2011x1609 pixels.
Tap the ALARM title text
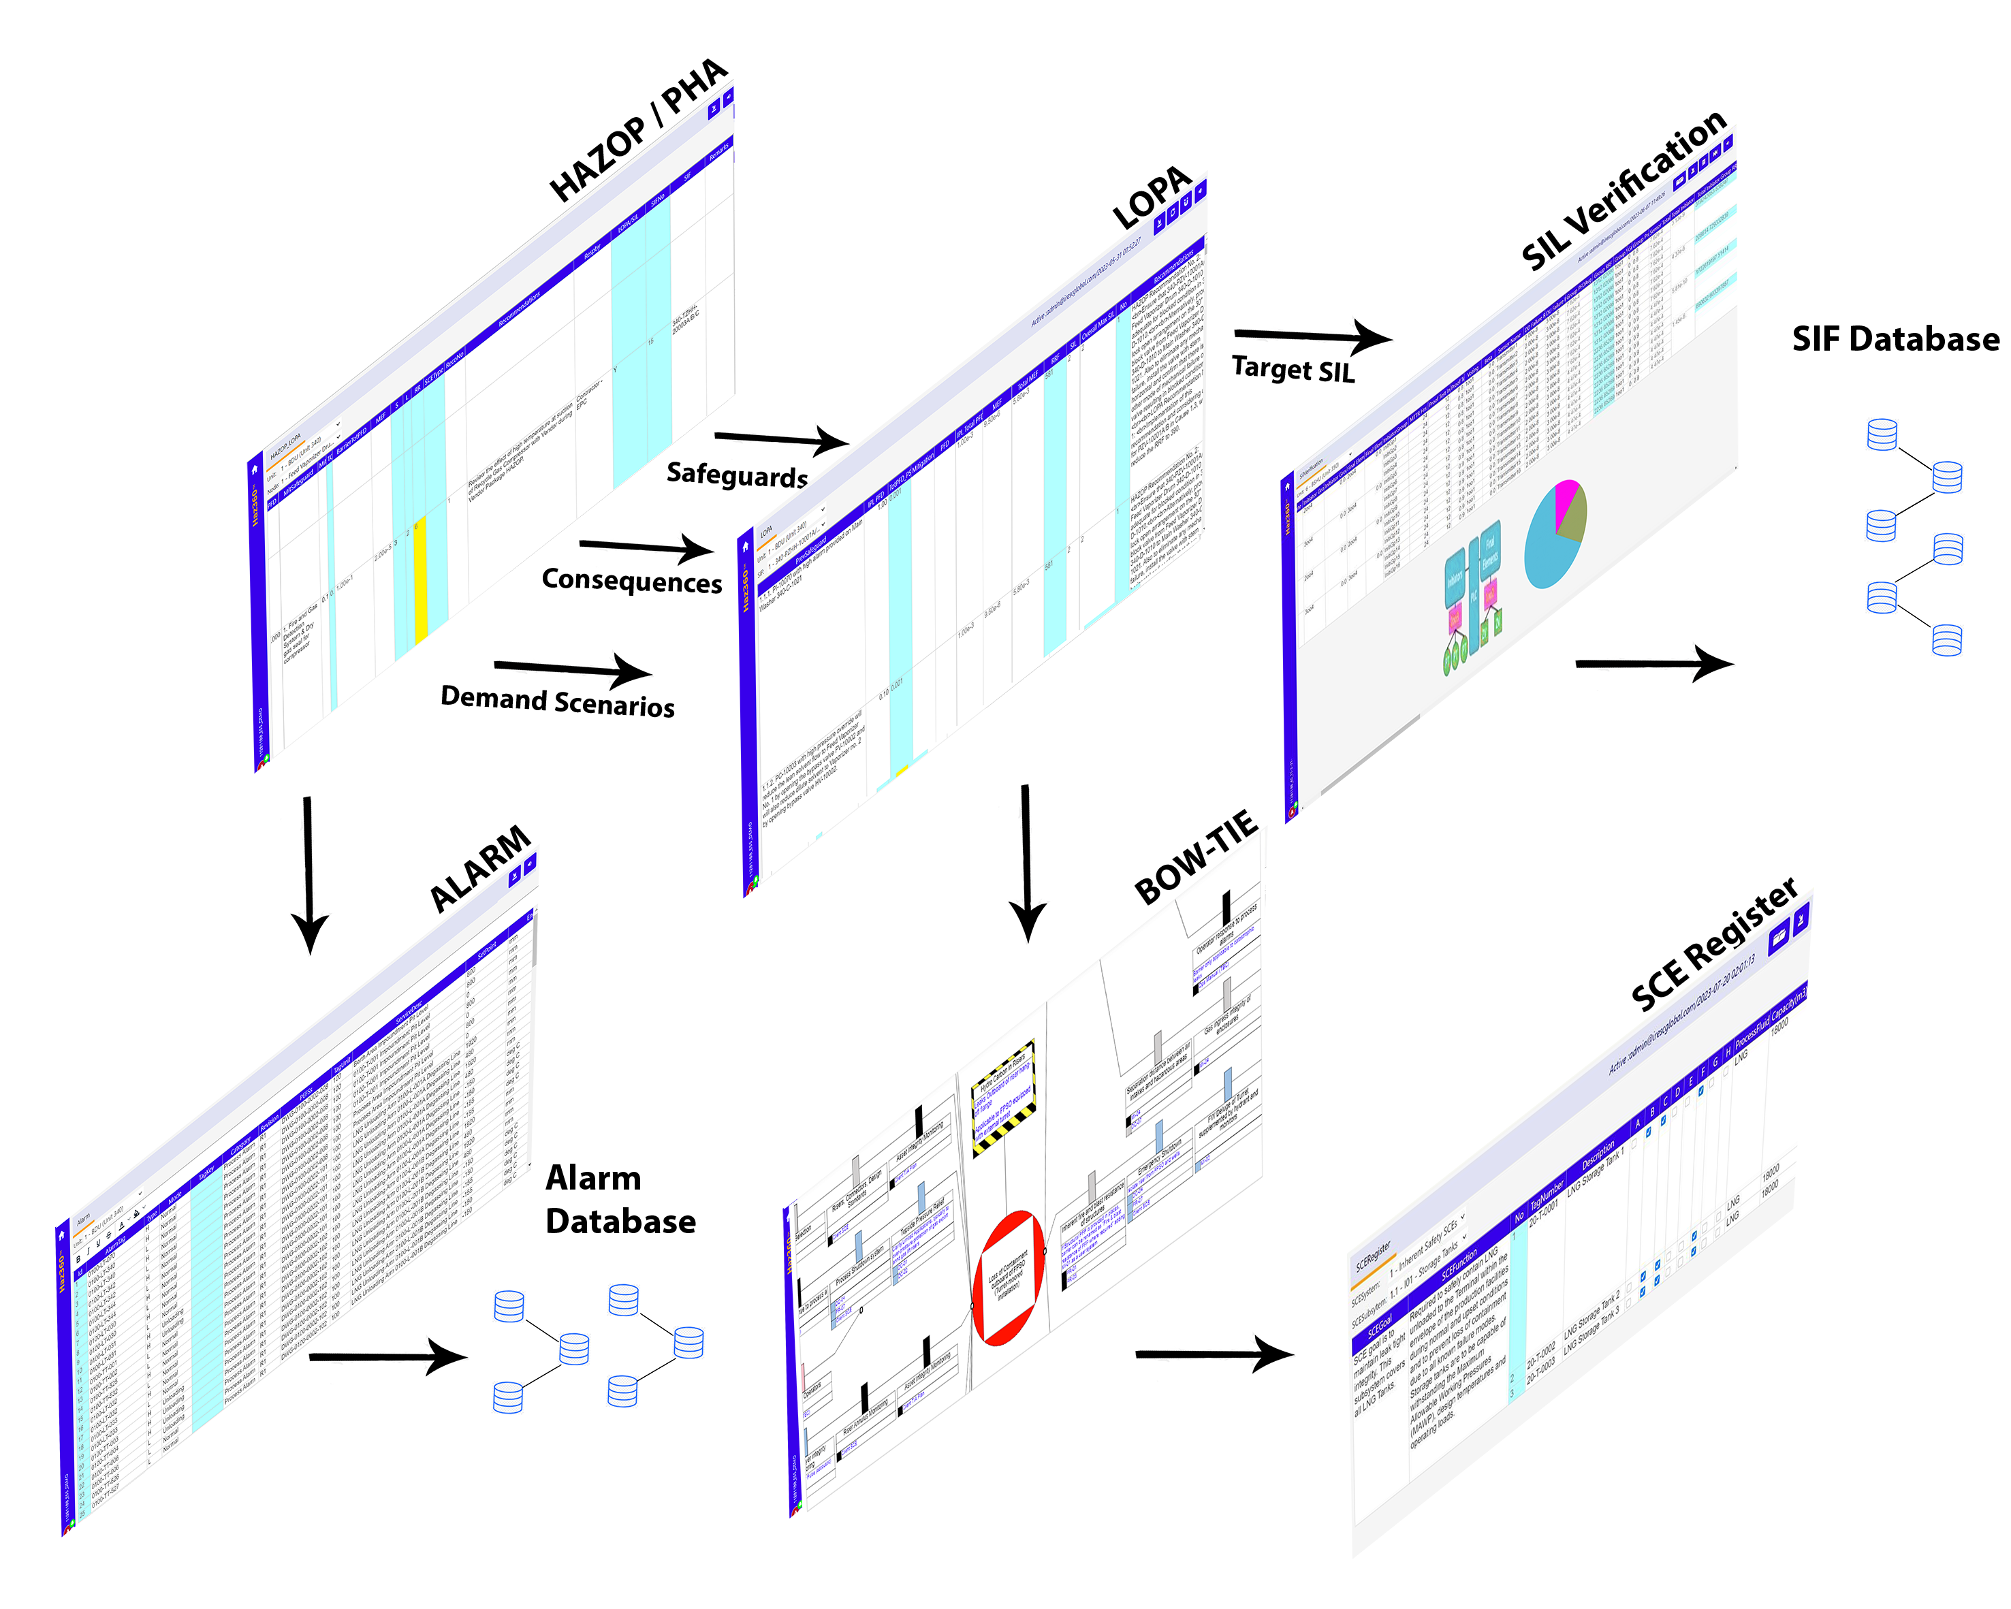[479, 871]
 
